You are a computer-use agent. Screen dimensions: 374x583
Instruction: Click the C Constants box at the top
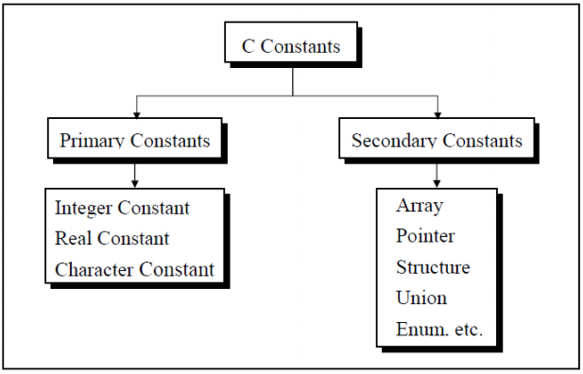pos(292,46)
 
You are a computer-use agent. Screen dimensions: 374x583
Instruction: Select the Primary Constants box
pos(135,141)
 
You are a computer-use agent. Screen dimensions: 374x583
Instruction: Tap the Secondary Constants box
pos(436,141)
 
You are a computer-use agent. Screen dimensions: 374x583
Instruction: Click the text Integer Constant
pos(122,208)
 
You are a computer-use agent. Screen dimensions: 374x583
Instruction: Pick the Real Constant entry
pos(111,238)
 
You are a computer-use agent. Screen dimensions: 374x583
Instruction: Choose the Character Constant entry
pos(134,269)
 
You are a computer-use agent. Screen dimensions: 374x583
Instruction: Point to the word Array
pos(420,206)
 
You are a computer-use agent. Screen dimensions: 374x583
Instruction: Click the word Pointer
pos(425,236)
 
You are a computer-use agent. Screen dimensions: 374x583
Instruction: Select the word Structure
pos(433,267)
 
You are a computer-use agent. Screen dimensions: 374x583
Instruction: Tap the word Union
pos(421,297)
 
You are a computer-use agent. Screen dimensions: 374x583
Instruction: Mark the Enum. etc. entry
pos(439,329)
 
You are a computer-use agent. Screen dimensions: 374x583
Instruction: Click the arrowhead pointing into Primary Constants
pos(137,113)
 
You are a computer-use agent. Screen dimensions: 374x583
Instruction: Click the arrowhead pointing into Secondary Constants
pos(437,113)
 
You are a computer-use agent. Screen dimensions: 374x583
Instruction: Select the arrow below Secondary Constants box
pos(436,174)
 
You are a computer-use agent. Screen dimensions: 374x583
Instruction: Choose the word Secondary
pos(392,141)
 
